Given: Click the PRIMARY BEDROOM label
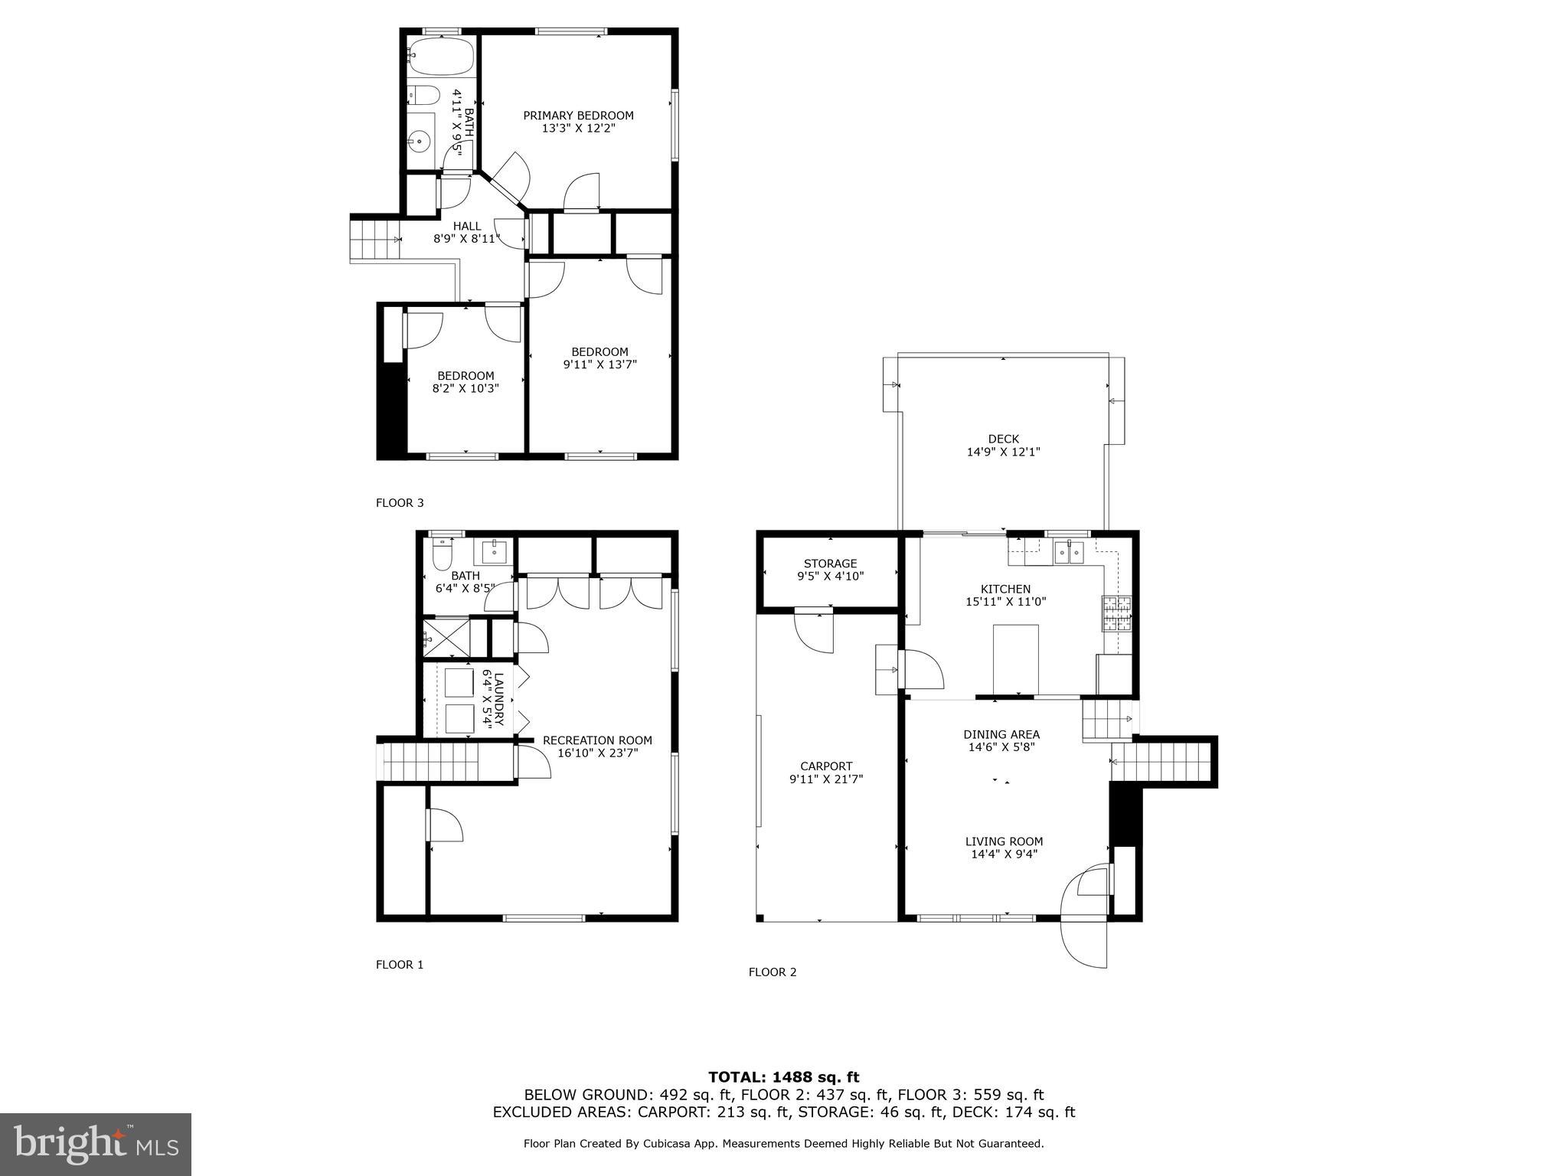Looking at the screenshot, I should (578, 116).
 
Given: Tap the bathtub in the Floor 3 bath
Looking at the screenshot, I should (441, 54).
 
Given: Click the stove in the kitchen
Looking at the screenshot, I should (1116, 613).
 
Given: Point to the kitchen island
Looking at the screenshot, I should (1015, 658).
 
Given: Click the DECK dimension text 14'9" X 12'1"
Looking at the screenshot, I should (1003, 452).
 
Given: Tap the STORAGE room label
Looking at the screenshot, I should (830, 563).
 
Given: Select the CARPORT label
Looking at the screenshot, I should (826, 766).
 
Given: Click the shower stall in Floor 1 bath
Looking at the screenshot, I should (446, 637).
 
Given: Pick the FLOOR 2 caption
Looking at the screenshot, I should (772, 972).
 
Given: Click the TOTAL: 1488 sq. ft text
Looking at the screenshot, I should (783, 1077).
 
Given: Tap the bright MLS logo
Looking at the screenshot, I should (96, 1144).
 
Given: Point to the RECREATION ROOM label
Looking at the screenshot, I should (597, 740).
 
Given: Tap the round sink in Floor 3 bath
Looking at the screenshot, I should (419, 142).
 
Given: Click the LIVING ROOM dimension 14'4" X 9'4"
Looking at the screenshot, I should (1004, 854).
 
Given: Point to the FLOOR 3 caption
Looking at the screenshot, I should (399, 503).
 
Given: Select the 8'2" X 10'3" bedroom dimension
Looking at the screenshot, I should (465, 388).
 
